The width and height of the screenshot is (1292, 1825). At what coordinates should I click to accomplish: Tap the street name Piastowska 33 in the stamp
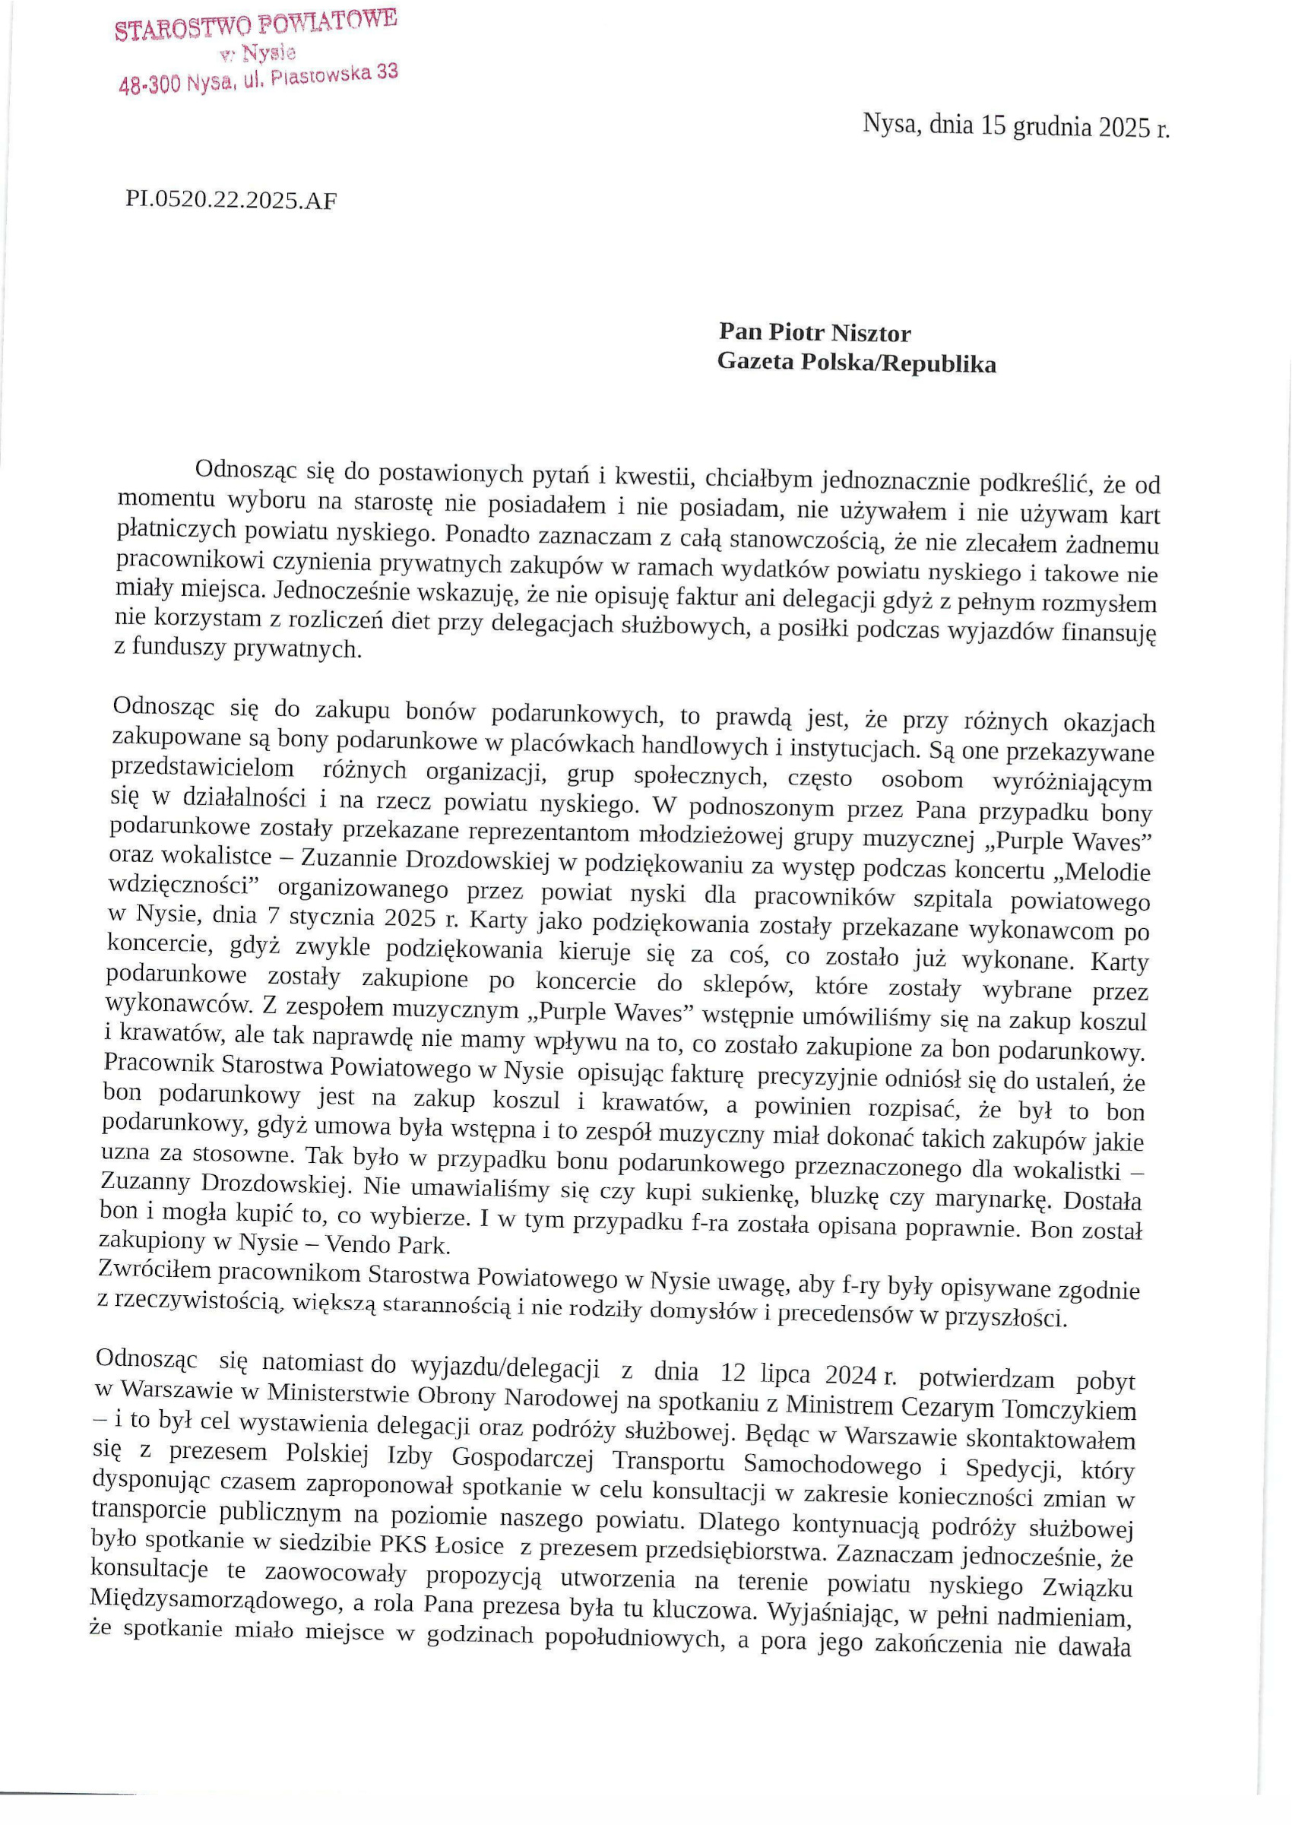click(x=334, y=75)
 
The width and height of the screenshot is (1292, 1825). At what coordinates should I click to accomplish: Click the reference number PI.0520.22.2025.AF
click(x=231, y=200)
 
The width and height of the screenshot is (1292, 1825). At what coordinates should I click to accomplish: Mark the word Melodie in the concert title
click(x=1107, y=871)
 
